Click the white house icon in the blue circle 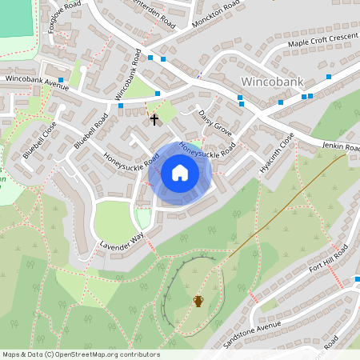179,172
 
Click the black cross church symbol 154,119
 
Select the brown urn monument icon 198,300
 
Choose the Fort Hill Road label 329,262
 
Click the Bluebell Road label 90,130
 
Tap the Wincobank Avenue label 37,82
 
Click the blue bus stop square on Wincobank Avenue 61,80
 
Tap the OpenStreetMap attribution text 81,354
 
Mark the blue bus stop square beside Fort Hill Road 356,279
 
